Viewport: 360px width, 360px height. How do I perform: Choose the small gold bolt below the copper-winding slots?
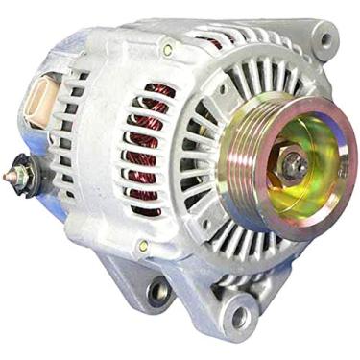click(143, 247)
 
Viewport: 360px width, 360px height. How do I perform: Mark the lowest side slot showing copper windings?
click(144, 207)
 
